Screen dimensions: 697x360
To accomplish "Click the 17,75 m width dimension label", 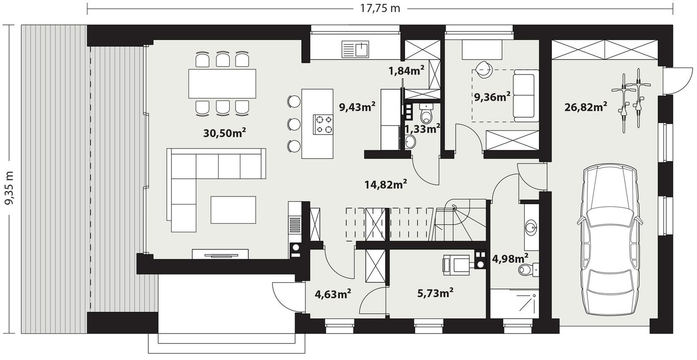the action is point(380,8).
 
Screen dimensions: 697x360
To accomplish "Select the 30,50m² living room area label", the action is point(225,133).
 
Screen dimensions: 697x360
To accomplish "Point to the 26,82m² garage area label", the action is point(585,107).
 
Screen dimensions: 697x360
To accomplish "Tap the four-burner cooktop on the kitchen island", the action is point(323,124).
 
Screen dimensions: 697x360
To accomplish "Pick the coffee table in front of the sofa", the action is point(233,209).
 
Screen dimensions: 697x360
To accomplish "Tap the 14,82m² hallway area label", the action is point(386,185).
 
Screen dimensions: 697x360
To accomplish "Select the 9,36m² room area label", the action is point(492,97).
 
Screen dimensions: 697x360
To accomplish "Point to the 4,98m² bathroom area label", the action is point(510,259).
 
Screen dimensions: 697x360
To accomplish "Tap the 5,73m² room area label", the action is point(435,293).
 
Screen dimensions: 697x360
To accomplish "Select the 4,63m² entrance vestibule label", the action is point(333,294).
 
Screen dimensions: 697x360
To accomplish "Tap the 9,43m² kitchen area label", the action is point(357,107).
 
